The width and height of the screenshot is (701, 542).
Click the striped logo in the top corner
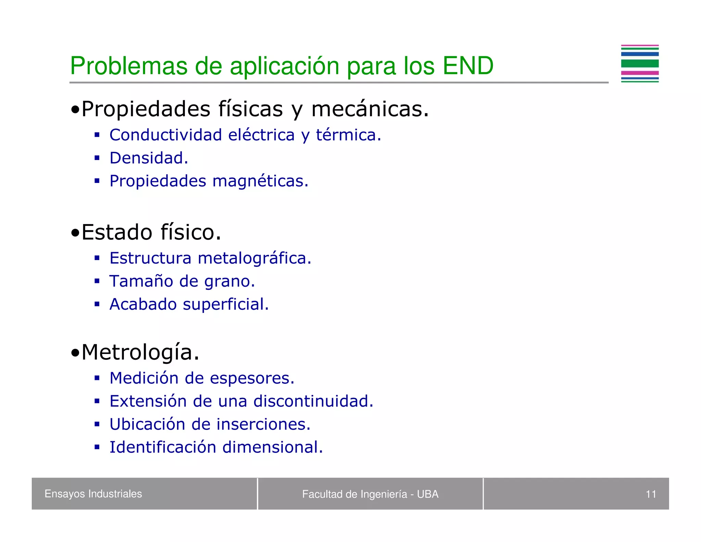(x=639, y=64)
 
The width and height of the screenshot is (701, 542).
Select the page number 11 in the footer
(x=651, y=494)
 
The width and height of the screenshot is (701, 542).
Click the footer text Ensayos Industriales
(x=93, y=494)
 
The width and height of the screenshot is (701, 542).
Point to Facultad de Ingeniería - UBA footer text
(x=370, y=494)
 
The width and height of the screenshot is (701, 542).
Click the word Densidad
(x=149, y=158)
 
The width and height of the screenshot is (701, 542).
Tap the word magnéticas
(x=260, y=181)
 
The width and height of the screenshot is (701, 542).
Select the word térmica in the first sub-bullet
(x=348, y=135)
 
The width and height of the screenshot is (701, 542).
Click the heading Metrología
(x=140, y=352)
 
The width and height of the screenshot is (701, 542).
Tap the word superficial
(x=226, y=304)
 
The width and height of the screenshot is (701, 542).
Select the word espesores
(x=252, y=378)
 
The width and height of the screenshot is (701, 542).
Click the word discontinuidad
(x=313, y=401)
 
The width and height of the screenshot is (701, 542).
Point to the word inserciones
(x=264, y=424)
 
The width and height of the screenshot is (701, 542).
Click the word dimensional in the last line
(x=272, y=447)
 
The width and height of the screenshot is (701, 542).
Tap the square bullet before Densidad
(x=97, y=158)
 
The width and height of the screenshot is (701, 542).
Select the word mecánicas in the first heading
(x=370, y=109)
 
